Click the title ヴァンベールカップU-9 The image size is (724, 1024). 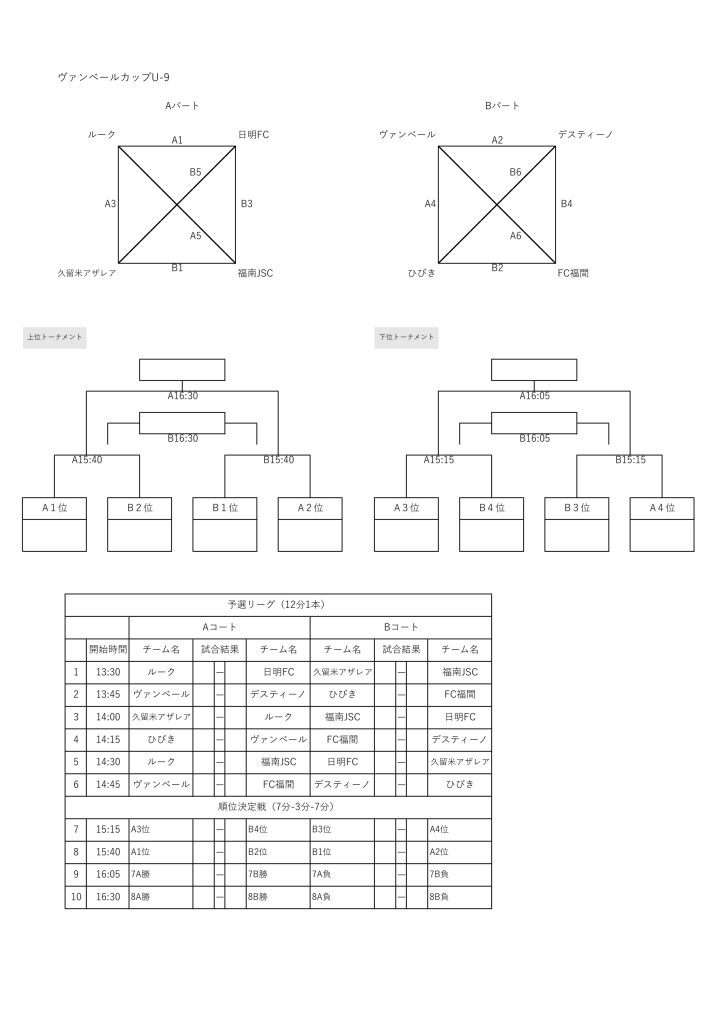click(x=114, y=77)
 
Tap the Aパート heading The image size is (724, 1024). click(x=182, y=105)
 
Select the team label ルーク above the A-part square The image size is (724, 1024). click(x=101, y=135)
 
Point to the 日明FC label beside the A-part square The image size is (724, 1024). click(x=253, y=135)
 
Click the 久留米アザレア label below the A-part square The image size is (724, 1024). click(x=86, y=273)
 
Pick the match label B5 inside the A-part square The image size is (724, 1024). click(x=195, y=172)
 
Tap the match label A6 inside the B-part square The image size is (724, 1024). click(x=515, y=236)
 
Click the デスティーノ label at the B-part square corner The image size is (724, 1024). click(x=585, y=135)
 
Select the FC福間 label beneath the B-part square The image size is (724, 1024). click(x=573, y=273)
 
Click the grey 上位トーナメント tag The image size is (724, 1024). click(x=55, y=337)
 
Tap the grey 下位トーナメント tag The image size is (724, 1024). click(x=406, y=337)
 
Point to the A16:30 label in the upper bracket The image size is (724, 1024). click(x=182, y=396)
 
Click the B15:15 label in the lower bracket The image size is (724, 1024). click(x=630, y=460)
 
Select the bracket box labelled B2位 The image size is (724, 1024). click(x=140, y=524)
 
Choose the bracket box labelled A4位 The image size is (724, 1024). click(x=662, y=524)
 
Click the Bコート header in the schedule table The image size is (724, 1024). click(x=401, y=627)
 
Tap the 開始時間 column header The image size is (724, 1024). click(x=108, y=649)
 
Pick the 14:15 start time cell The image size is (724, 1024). click(x=108, y=739)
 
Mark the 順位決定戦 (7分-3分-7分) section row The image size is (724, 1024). click(x=278, y=807)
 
